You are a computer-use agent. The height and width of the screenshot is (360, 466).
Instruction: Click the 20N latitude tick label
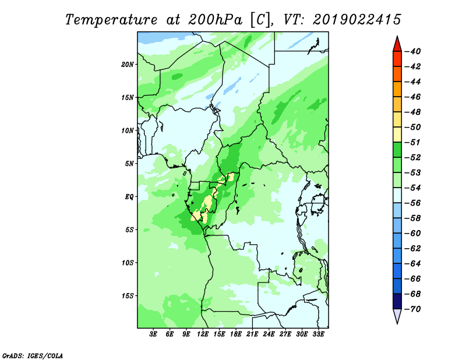(x=127, y=64)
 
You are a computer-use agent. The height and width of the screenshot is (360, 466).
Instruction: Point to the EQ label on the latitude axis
(x=129, y=196)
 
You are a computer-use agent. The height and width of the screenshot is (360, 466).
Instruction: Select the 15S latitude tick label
(x=127, y=296)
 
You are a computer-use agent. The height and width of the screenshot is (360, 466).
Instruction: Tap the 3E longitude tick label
(x=153, y=334)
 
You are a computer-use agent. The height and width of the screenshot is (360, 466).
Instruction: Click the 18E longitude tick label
(x=236, y=334)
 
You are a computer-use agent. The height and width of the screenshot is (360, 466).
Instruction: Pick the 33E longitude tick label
(x=318, y=334)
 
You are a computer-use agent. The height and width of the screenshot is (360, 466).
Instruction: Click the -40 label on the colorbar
(x=413, y=51)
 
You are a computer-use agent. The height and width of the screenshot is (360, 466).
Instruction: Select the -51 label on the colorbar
(x=413, y=142)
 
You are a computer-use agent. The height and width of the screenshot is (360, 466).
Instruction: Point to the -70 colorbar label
(x=413, y=309)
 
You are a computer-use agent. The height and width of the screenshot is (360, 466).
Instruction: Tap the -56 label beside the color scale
(x=413, y=203)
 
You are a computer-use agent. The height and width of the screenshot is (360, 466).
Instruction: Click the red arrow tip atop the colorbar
(x=397, y=36)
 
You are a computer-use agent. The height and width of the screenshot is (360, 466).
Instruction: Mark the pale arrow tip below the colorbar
(x=397, y=323)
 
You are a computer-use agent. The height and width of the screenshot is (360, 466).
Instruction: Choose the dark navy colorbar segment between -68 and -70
(x=397, y=301)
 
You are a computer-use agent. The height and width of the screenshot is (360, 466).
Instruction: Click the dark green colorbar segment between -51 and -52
(x=397, y=150)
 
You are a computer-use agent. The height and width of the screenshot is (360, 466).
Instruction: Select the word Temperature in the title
(x=111, y=20)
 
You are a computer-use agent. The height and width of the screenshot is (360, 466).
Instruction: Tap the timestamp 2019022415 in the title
(x=357, y=20)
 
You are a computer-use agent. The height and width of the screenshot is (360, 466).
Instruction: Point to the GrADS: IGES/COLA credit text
(x=33, y=355)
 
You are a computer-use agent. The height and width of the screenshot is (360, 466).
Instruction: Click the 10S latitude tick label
(x=127, y=263)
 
